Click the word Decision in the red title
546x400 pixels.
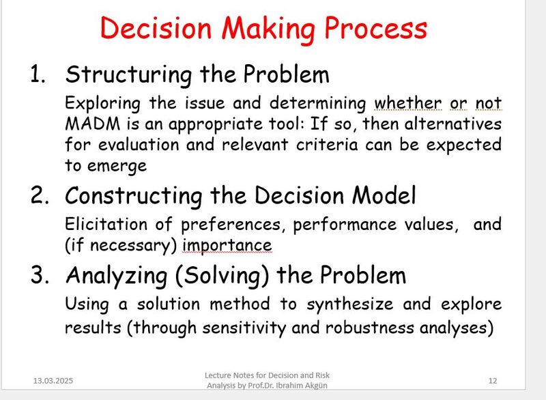point(156,28)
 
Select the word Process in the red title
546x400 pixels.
point(376,28)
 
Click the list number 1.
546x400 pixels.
point(38,74)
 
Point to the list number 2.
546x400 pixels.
point(40,195)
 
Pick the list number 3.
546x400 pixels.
point(40,274)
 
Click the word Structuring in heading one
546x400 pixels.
point(128,75)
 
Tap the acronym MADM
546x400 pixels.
point(92,124)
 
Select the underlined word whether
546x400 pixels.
point(407,103)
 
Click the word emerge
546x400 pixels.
point(117,167)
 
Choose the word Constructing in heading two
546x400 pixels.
point(134,196)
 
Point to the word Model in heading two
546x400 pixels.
point(384,195)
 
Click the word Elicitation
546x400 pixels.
point(106,224)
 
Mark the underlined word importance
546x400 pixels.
point(227,246)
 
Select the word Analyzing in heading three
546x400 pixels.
point(117,276)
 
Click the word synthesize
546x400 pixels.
point(350,304)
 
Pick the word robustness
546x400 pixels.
point(369,328)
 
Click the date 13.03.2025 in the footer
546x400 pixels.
point(53,381)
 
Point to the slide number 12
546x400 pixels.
point(493,381)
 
